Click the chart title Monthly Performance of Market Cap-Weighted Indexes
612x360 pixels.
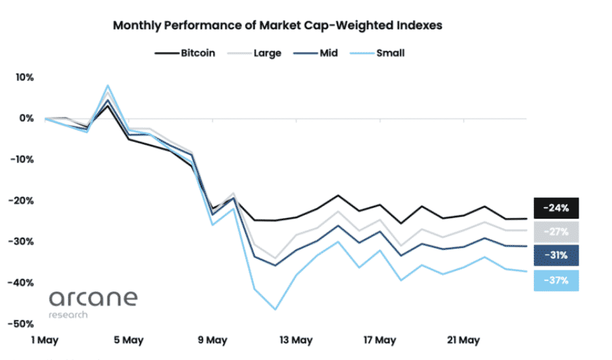(x=277, y=26)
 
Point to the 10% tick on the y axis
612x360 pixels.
(x=24, y=77)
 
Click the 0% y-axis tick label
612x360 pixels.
(x=26, y=118)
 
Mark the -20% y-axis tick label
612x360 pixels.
(x=22, y=201)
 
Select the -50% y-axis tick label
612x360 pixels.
(x=22, y=324)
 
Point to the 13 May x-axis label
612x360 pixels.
(x=296, y=340)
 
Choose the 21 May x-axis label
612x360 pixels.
(x=463, y=340)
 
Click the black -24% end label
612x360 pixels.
(x=556, y=207)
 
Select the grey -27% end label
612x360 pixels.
(x=556, y=232)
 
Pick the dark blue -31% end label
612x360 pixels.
(x=556, y=255)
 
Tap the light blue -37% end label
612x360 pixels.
(x=556, y=280)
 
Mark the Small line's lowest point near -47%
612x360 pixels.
(x=276, y=310)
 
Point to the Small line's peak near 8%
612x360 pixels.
(x=107, y=86)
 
